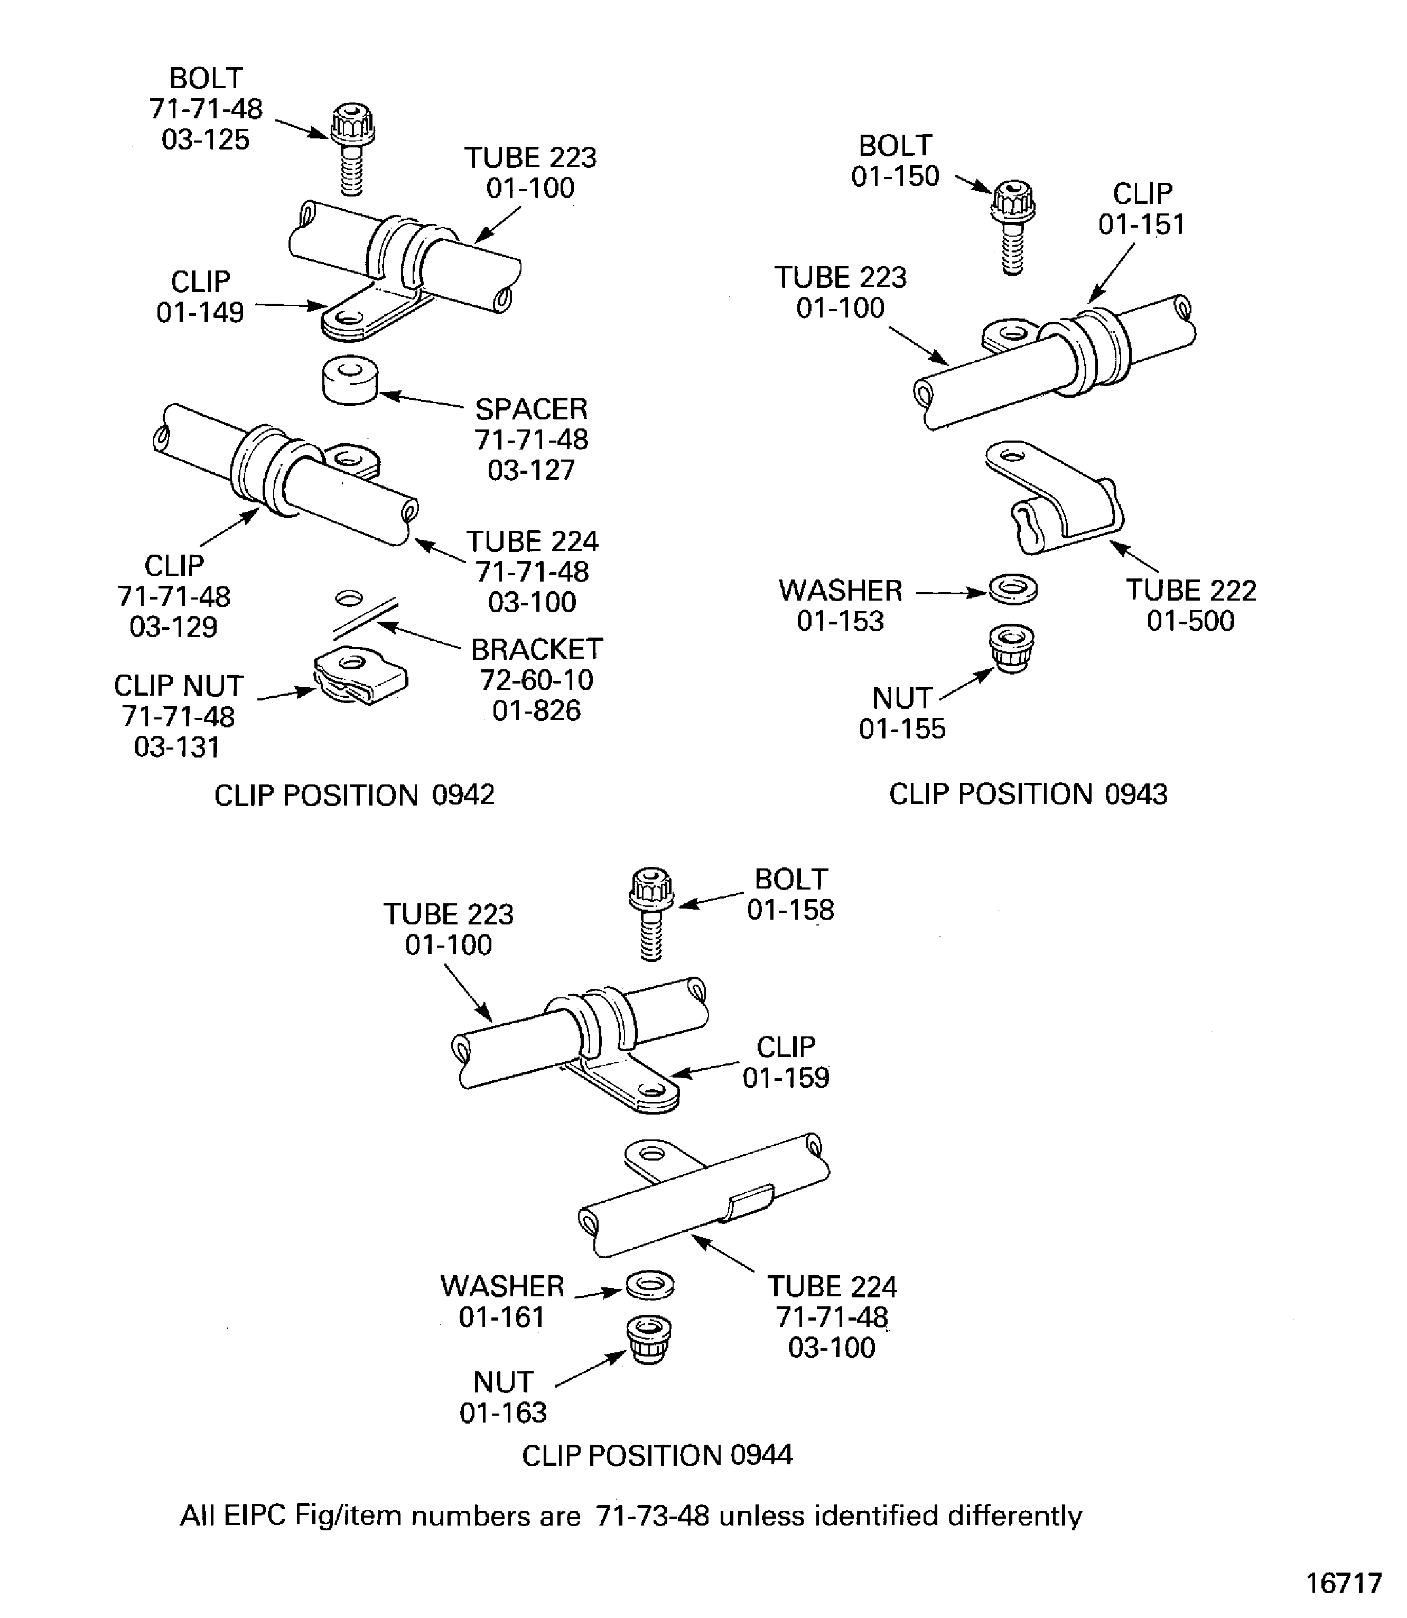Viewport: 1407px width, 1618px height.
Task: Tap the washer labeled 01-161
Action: [649, 1285]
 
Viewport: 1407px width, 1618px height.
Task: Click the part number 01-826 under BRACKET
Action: [536, 710]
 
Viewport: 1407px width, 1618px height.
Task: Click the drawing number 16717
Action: [1344, 1583]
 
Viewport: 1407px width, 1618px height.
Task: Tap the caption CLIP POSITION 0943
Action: [1028, 794]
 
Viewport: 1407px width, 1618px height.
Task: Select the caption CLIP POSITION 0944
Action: [657, 1455]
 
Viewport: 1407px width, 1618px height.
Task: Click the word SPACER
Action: [532, 409]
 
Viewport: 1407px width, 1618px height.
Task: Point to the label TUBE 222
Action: [1191, 591]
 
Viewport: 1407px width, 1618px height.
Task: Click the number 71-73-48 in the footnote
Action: [653, 1515]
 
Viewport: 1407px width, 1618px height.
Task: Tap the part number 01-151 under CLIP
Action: [1141, 225]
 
